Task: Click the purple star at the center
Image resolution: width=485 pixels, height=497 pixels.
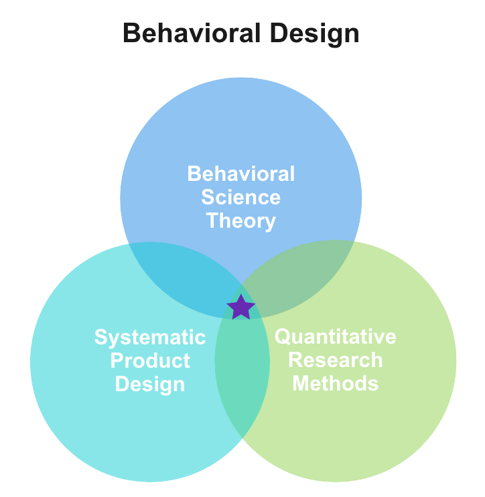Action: [241, 307]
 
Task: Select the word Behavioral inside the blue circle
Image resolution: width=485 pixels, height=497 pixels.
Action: [241, 174]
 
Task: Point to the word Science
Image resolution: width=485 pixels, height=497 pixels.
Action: [241, 197]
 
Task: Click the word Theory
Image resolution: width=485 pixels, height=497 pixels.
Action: [241, 220]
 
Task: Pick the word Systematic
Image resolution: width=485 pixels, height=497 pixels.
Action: [150, 337]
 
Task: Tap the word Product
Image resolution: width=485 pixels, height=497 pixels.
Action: [150, 360]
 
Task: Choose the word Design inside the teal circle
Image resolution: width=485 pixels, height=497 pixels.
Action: [150, 384]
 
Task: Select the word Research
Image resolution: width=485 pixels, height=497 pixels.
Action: [336, 360]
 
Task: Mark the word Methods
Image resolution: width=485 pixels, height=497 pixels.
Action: [336, 383]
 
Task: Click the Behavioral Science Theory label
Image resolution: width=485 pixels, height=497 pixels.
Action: [241, 197]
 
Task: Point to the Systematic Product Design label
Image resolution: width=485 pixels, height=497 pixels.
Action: [150, 360]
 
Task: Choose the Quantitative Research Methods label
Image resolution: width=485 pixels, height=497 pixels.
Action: [336, 360]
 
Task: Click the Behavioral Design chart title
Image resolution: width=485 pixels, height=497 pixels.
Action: [241, 33]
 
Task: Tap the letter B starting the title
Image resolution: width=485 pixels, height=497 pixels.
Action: [131, 33]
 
